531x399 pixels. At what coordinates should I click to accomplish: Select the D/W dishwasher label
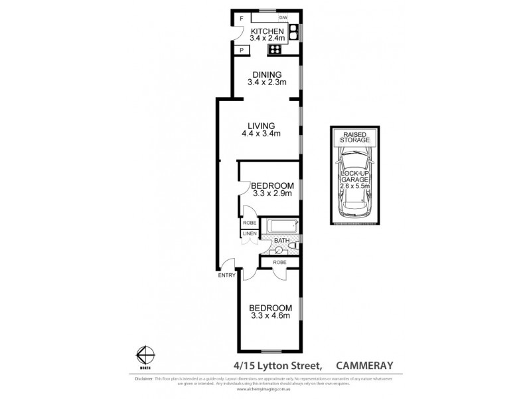[283, 17]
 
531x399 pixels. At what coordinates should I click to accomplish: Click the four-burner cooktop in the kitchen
[273, 50]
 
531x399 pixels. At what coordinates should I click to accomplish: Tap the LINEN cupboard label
[249, 234]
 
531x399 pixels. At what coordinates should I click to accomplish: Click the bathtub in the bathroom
[282, 227]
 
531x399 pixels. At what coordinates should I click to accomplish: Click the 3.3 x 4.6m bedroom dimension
[270, 317]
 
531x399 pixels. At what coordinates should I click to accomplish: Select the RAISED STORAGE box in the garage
[354, 138]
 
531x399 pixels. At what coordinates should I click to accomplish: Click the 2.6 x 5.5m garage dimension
[354, 186]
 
